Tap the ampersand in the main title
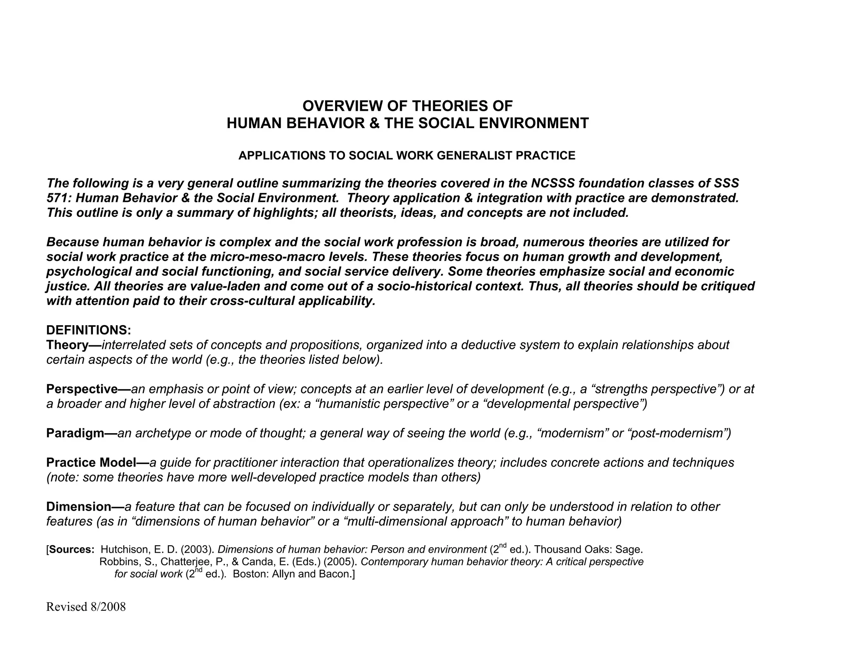tap(374, 123)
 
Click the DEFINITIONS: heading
tap(89, 330)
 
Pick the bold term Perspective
tap(82, 389)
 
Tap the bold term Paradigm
tap(76, 433)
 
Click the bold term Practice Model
tap(91, 462)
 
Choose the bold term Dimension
tap(79, 507)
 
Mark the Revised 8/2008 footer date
tap(86, 607)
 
